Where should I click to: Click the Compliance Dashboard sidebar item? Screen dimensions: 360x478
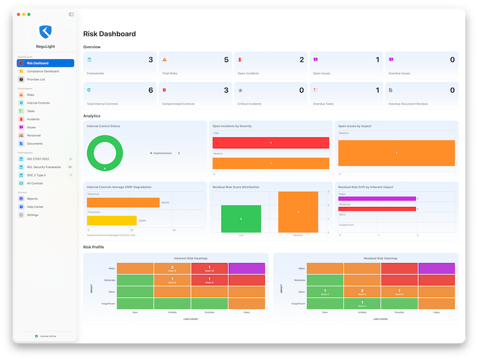click(x=42, y=71)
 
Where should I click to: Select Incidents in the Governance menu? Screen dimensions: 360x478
click(x=33, y=119)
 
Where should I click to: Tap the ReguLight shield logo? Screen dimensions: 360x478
click(x=46, y=32)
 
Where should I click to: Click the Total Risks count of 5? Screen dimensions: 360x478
click(x=226, y=60)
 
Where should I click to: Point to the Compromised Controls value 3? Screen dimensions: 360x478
click(x=226, y=90)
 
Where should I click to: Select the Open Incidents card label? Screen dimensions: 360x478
click(x=249, y=74)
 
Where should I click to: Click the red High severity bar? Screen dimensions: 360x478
click(x=271, y=143)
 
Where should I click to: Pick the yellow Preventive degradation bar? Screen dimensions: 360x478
click(x=112, y=221)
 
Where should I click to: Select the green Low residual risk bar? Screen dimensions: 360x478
click(x=241, y=219)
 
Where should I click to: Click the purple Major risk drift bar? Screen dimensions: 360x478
click(x=376, y=199)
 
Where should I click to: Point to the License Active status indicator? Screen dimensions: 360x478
click(x=46, y=336)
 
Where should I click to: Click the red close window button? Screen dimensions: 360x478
click(x=18, y=14)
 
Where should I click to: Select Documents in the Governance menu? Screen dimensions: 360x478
click(x=35, y=144)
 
